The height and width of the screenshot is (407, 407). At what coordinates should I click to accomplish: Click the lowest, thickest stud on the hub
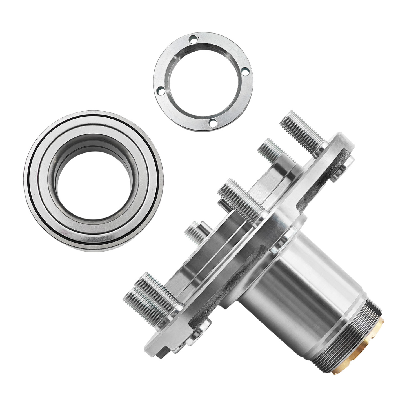pos(149,293)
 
